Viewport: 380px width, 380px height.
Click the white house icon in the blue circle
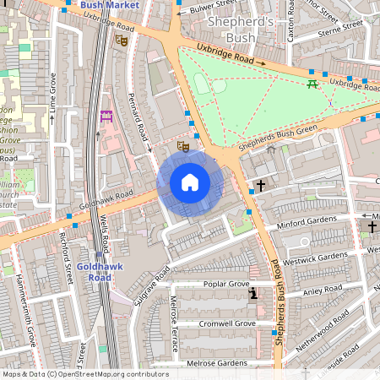pos(190,182)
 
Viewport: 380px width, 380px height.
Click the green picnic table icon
pos(313,83)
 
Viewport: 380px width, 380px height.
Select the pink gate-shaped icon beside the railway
pos(106,117)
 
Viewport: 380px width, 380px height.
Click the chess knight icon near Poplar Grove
pos(253,294)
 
